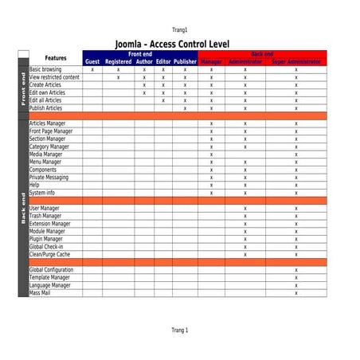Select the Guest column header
click(x=92, y=61)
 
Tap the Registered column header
click(x=118, y=61)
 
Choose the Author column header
click(x=144, y=61)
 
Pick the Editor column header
click(x=163, y=61)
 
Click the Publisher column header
click(x=185, y=61)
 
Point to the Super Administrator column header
click(x=295, y=61)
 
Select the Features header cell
click(x=56, y=58)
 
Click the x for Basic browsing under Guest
click(x=92, y=70)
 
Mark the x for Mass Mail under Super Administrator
click(x=295, y=293)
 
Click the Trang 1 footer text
click(x=179, y=330)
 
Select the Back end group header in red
click(x=262, y=53)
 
